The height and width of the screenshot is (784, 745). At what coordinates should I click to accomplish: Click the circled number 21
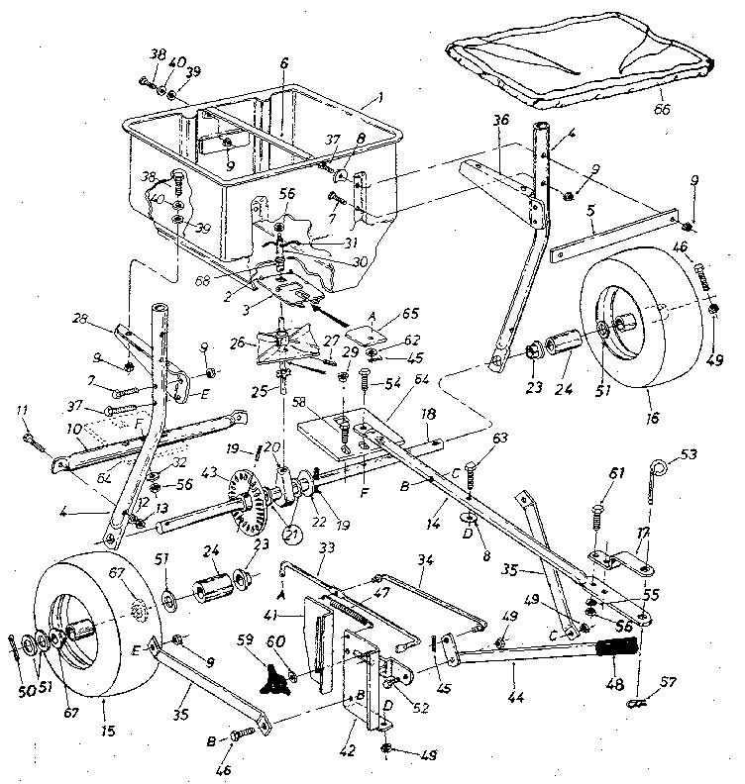tap(292, 536)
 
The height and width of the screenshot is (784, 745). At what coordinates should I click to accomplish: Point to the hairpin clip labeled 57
tap(640, 705)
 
